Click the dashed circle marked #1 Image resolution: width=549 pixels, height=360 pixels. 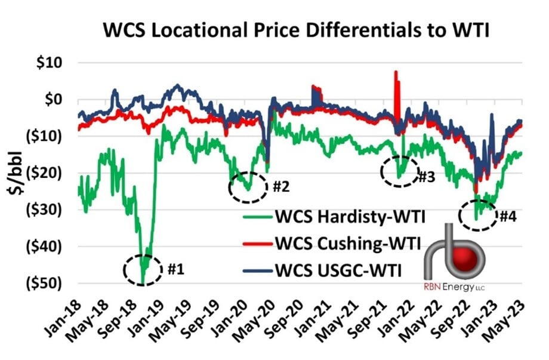click(x=143, y=269)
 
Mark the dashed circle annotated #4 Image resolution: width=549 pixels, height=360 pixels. click(x=478, y=216)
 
